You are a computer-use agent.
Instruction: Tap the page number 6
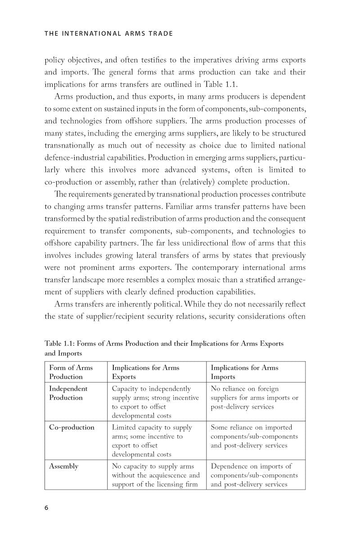(47, 508)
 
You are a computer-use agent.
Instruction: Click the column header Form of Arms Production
(71, 372)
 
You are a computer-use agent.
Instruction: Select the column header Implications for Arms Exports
(145, 372)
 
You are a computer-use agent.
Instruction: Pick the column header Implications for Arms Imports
(244, 372)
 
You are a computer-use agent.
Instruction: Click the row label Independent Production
(68, 393)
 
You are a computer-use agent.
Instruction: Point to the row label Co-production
(72, 427)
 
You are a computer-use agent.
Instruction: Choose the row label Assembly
(63, 466)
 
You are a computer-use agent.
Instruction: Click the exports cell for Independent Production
(155, 402)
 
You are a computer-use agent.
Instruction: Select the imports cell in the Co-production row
(254, 436)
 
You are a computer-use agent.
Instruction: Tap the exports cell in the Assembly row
(155, 475)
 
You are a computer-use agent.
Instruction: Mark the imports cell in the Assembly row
(254, 475)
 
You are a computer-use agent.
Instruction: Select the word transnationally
(69, 145)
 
